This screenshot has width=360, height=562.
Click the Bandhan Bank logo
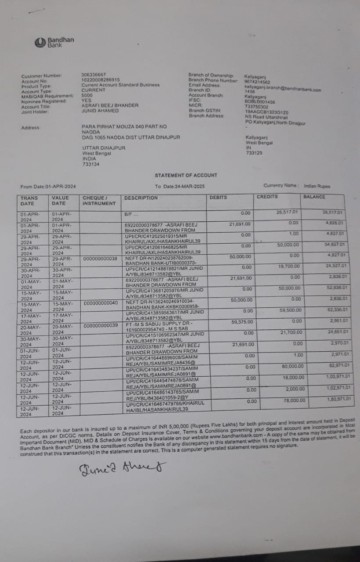[x=54, y=42]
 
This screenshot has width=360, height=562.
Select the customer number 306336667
[x=94, y=75]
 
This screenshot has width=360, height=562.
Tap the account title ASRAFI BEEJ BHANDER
[x=110, y=105]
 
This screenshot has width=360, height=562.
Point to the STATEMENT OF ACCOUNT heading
[x=186, y=175]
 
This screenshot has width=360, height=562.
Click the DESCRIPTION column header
[x=140, y=198]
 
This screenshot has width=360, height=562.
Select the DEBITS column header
[x=218, y=198]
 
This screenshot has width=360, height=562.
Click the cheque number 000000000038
[x=100, y=259]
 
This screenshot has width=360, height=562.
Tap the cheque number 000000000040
[x=100, y=303]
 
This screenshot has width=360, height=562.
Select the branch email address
[x=283, y=89]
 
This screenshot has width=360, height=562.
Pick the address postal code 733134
[x=91, y=164]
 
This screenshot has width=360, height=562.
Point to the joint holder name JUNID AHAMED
[x=101, y=111]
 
